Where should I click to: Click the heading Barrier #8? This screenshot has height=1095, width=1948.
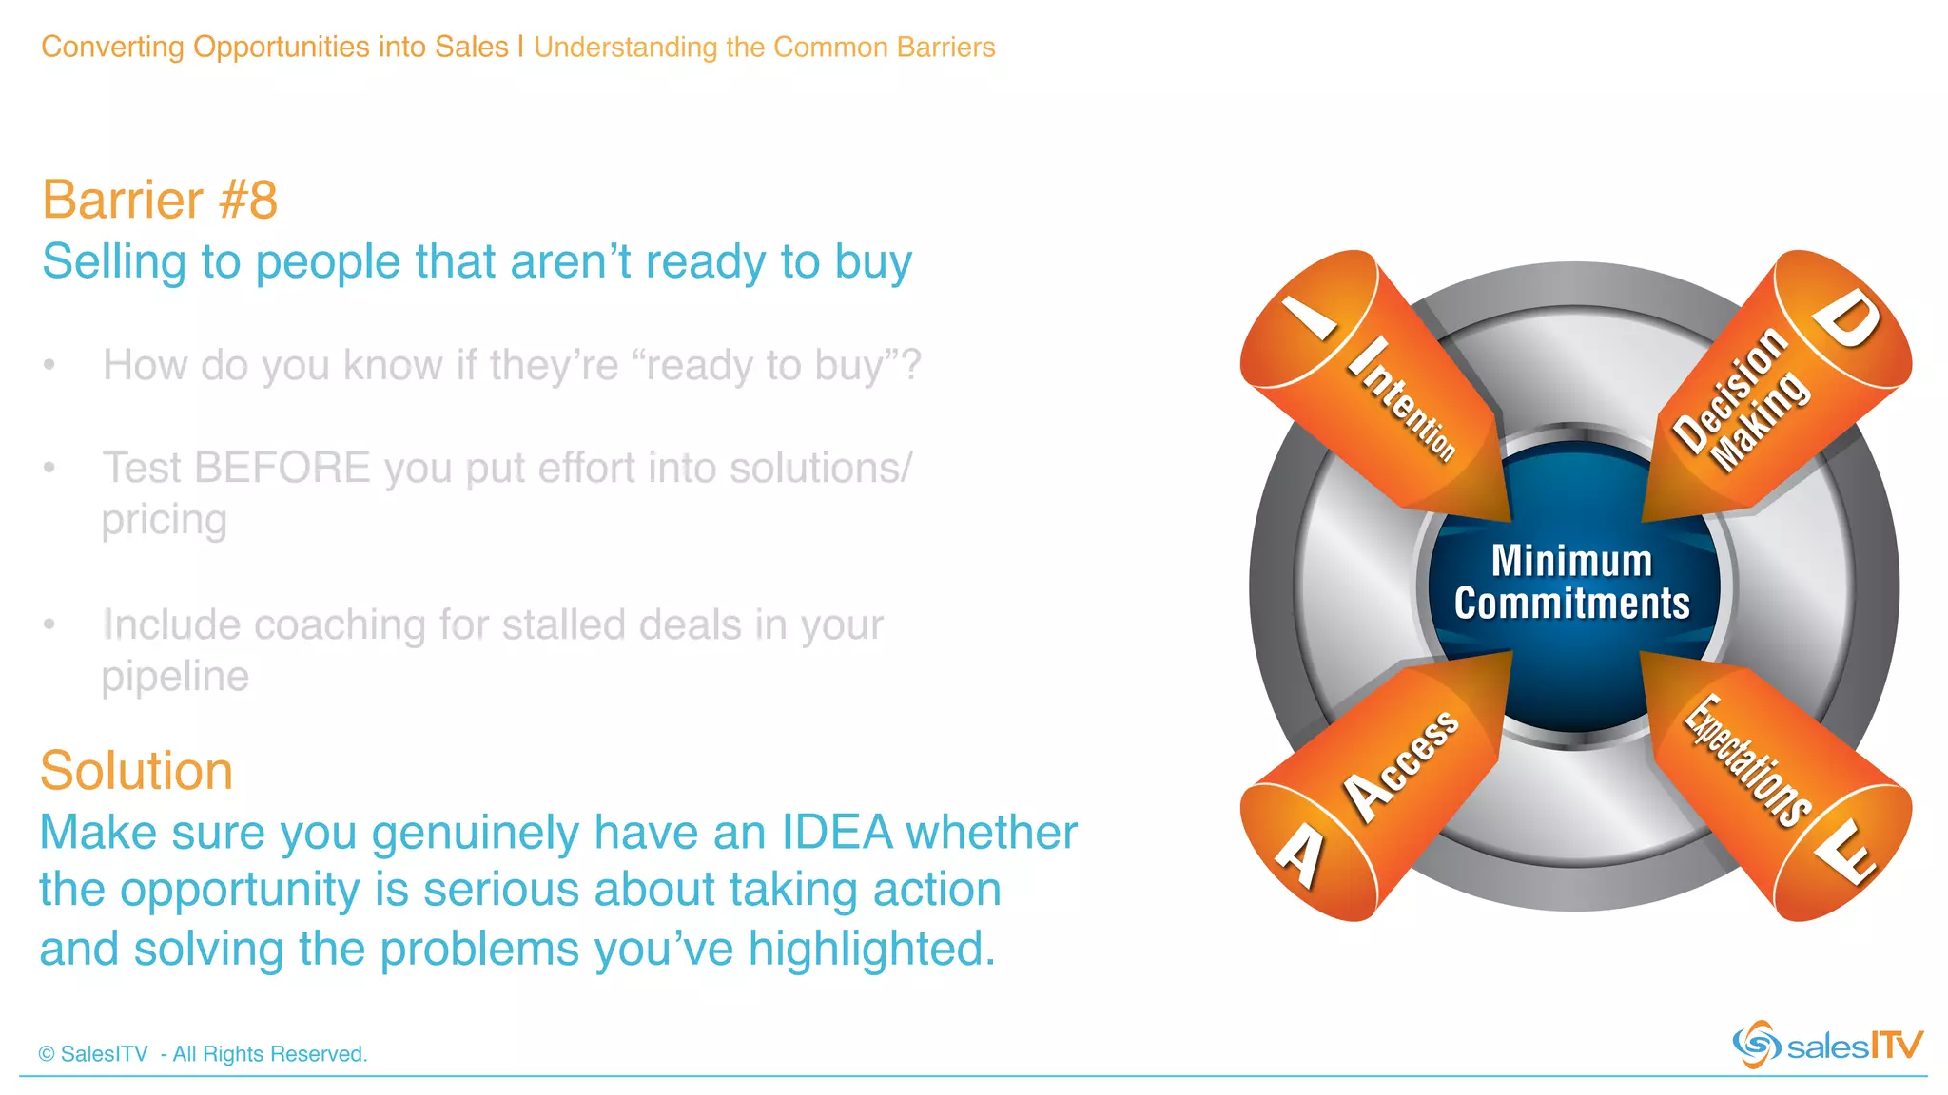pos(159,201)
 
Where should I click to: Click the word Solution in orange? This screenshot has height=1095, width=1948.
pos(136,771)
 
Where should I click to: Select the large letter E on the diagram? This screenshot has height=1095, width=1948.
pos(1845,852)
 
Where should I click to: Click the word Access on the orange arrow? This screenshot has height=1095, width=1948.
pos(1400,766)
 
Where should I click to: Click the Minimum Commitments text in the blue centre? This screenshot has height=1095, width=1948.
pos(1571,582)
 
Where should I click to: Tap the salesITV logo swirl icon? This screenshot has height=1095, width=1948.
pos(1756,1045)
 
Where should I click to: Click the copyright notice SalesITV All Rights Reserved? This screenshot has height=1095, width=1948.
pos(203,1054)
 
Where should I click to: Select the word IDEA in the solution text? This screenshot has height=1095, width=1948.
pos(837,833)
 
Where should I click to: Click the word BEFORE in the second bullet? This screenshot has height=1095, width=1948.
pos(282,468)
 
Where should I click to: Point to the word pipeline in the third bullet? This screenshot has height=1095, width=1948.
pos(175,677)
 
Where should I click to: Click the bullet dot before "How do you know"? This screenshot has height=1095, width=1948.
pos(49,365)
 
